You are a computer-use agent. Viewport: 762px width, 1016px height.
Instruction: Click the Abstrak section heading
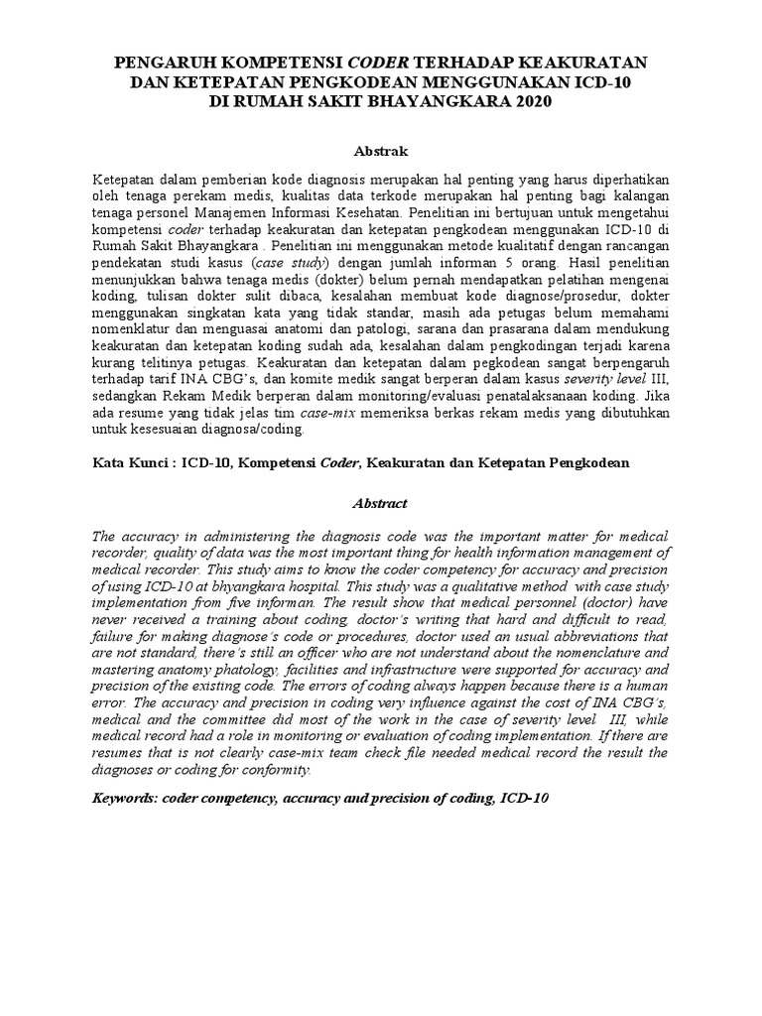(380, 150)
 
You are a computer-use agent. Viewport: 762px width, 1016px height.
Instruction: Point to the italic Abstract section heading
(380, 503)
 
